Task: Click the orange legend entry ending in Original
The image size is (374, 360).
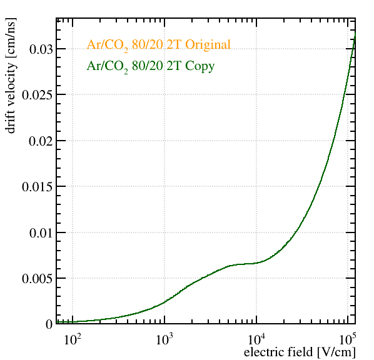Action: point(159,45)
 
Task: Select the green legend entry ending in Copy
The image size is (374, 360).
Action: point(151,66)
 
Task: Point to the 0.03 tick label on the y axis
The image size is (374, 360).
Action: point(41,49)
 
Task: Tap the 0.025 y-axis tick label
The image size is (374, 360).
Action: point(37,95)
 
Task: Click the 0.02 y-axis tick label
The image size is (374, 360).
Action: point(41,141)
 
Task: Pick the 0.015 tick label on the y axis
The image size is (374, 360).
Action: point(37,187)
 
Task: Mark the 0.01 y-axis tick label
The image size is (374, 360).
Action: point(41,233)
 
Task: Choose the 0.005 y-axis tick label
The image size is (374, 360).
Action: point(37,279)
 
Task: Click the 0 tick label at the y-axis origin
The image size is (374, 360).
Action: point(49,324)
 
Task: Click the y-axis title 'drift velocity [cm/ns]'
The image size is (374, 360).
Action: point(11,76)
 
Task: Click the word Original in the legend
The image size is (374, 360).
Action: point(208,45)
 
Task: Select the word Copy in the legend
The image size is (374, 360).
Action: point(200,66)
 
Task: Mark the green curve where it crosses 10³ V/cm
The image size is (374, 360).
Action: point(164,302)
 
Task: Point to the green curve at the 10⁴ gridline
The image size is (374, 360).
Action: point(256,263)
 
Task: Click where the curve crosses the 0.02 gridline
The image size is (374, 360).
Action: point(332,141)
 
